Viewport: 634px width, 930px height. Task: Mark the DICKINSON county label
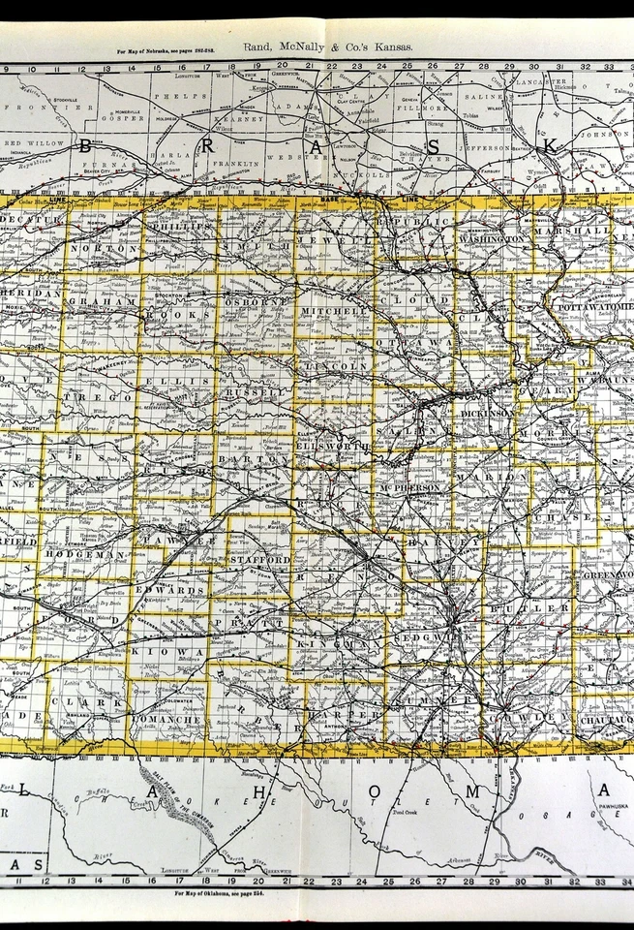487,413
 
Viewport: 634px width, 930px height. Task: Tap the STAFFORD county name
259,560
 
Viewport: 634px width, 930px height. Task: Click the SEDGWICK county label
447,641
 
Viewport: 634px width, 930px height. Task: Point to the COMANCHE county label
166,720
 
